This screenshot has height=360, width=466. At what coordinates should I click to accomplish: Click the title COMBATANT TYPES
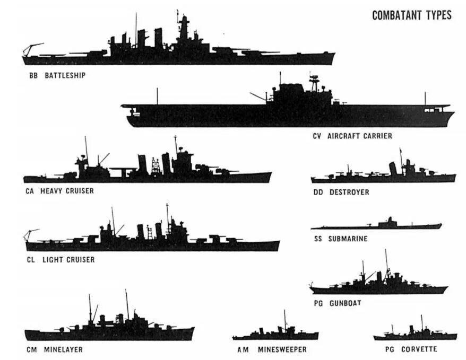pyautogui.click(x=411, y=15)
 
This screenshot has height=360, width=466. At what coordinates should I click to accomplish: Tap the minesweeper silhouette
pyautogui.click(x=275, y=335)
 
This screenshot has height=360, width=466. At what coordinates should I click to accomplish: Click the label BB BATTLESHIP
pyautogui.click(x=57, y=75)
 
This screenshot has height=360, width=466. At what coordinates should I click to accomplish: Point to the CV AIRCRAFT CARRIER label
pyautogui.click(x=352, y=136)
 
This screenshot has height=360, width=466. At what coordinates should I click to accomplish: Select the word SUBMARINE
pyautogui.click(x=348, y=239)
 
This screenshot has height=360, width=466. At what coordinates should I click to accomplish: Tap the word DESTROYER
pyautogui.click(x=349, y=192)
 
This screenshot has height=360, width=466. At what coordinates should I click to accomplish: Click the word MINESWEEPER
pyautogui.click(x=282, y=349)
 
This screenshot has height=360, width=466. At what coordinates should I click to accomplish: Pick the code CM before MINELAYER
pyautogui.click(x=31, y=349)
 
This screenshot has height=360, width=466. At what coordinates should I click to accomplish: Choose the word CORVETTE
pyautogui.click(x=419, y=349)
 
